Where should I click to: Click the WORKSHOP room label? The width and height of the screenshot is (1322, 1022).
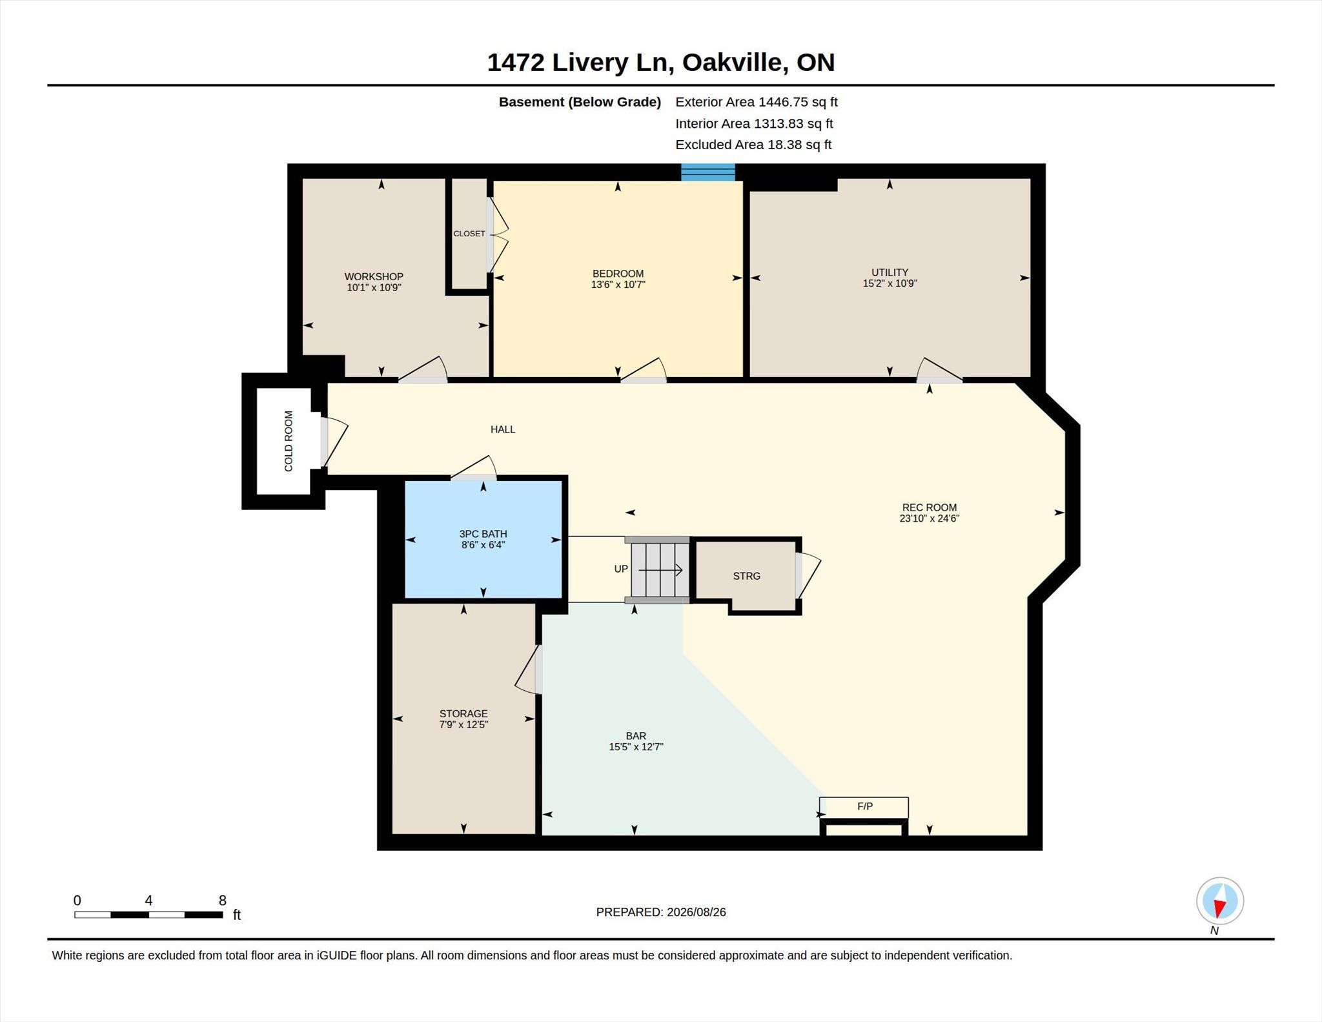pyautogui.click(x=374, y=276)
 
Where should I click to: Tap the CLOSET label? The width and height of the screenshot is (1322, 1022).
pyautogui.click(x=469, y=234)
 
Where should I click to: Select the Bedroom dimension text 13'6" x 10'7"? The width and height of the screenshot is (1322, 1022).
pyautogui.click(x=618, y=284)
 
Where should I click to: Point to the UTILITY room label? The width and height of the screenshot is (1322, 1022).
pyautogui.click(x=890, y=272)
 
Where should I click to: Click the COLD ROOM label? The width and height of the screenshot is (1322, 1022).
pyautogui.click(x=289, y=441)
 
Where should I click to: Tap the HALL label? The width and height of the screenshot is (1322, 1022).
pyautogui.click(x=503, y=429)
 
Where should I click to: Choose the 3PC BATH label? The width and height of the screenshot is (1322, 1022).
pyautogui.click(x=483, y=534)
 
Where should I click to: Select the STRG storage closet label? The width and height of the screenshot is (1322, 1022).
pyautogui.click(x=747, y=576)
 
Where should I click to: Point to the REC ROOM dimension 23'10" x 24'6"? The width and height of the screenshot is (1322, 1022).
pyautogui.click(x=930, y=518)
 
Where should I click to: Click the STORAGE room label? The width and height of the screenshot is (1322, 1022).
pyautogui.click(x=463, y=713)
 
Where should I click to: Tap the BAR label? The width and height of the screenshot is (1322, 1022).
pyautogui.click(x=636, y=736)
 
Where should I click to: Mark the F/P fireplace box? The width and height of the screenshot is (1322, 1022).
pyautogui.click(x=864, y=807)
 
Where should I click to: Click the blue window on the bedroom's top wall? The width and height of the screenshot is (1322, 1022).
pyautogui.click(x=708, y=172)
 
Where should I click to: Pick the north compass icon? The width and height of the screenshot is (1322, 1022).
pyautogui.click(x=1220, y=901)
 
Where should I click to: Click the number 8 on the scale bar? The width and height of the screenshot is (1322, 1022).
pyautogui.click(x=223, y=901)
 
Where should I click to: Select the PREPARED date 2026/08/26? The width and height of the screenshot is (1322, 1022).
pyautogui.click(x=697, y=912)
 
